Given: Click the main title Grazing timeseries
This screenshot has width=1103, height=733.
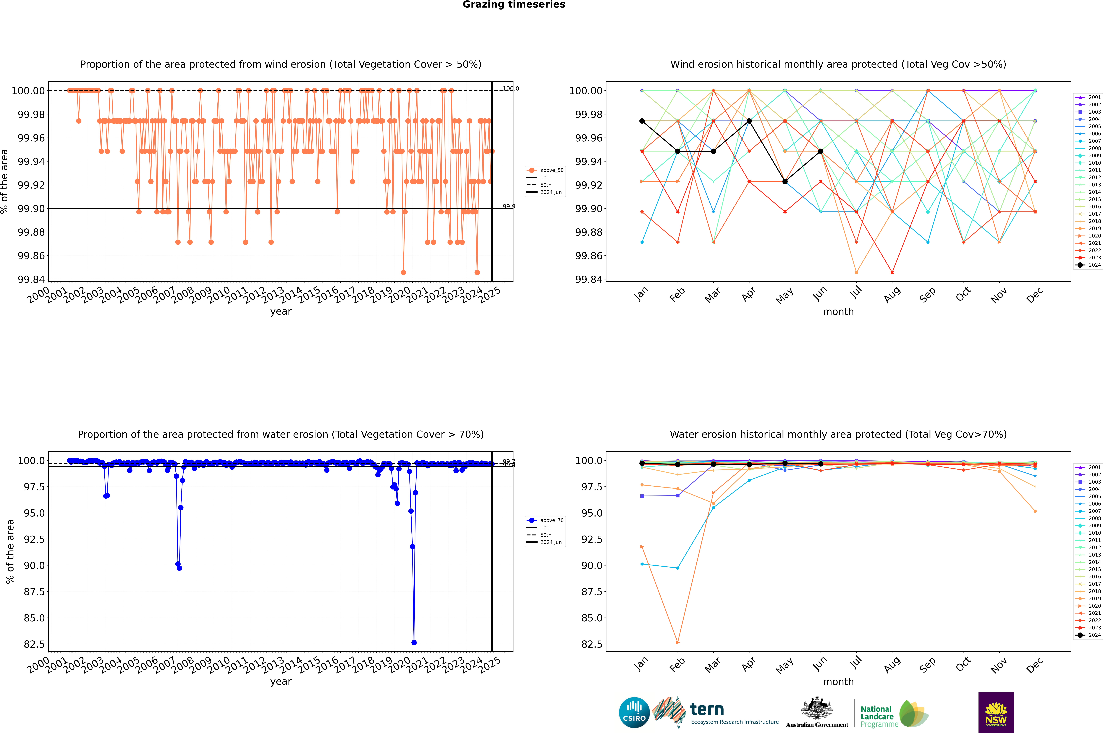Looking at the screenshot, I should click(x=514, y=5).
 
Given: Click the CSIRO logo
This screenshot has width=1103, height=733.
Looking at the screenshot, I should click(x=634, y=712).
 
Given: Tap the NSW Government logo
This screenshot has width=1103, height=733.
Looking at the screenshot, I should click(x=996, y=712).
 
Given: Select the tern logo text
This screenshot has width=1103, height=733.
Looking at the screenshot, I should click(x=707, y=710).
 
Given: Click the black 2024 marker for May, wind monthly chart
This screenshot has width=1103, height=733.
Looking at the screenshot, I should click(x=785, y=181).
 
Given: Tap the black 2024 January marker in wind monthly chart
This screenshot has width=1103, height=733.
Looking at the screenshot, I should click(x=642, y=121).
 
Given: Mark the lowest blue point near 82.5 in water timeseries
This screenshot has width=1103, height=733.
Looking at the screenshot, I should click(x=414, y=642).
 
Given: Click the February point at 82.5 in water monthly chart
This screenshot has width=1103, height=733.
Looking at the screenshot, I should click(x=678, y=642).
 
